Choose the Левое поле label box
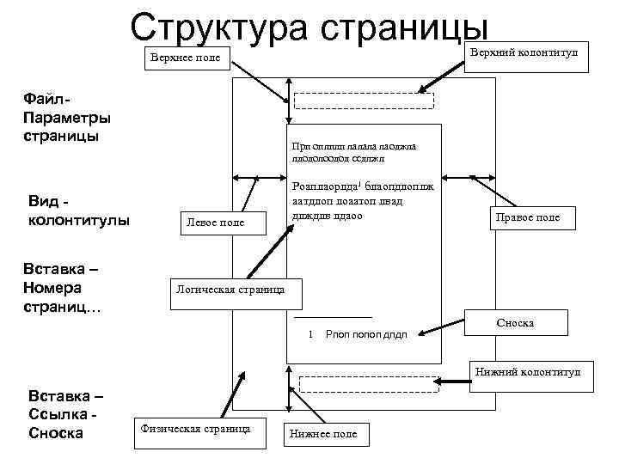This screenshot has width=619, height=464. (215, 223)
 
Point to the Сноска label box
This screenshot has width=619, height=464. (515, 323)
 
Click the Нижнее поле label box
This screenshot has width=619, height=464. (324, 435)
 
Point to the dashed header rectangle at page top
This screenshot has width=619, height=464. (365, 100)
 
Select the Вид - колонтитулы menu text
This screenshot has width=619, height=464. (78, 210)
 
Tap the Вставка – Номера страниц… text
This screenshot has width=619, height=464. (65, 289)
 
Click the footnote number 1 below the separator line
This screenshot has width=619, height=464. (309, 333)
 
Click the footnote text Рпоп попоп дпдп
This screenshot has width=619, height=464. (366, 334)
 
